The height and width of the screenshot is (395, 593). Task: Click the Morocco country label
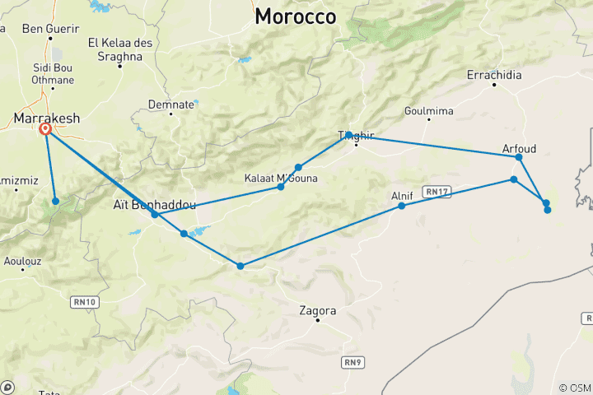tap(296, 16)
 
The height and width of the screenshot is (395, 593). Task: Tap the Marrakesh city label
tap(47, 118)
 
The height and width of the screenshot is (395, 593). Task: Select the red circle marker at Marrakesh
tap(45, 129)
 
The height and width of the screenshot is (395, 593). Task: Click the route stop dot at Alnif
tap(402, 206)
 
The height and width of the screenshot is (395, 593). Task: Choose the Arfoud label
tap(519, 148)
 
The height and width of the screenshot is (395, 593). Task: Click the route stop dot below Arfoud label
tap(519, 157)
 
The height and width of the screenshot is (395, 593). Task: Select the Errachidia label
tap(494, 75)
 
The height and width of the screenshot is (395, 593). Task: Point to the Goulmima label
tap(428, 110)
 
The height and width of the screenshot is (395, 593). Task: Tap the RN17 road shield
tap(436, 191)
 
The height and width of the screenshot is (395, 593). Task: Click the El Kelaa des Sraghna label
tap(120, 49)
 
